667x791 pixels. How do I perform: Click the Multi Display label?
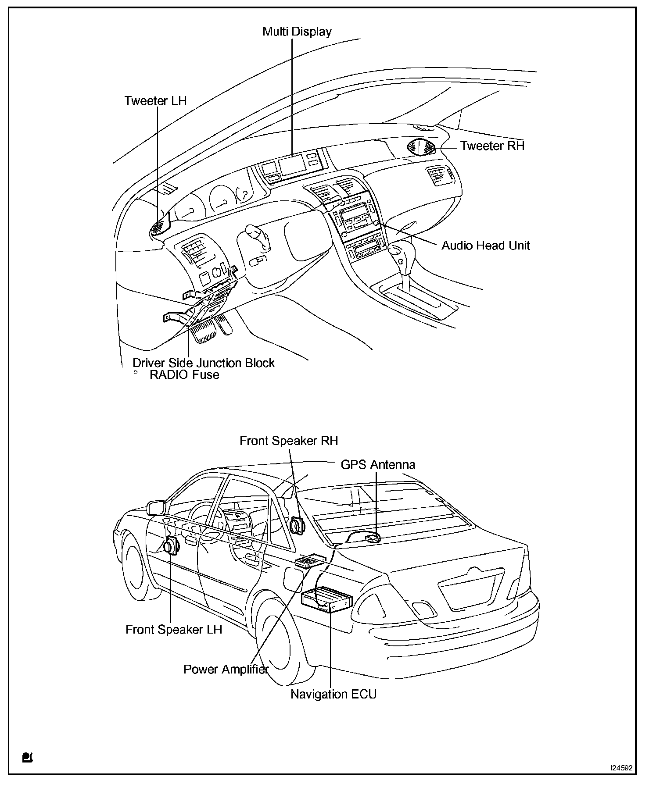click(297, 32)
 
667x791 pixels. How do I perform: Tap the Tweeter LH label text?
click(155, 100)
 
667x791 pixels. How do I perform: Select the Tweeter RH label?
click(492, 146)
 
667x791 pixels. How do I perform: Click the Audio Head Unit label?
click(485, 245)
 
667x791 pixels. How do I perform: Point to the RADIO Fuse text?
click(184, 375)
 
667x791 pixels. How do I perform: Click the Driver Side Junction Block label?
click(204, 363)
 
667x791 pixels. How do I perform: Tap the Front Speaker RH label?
click(289, 441)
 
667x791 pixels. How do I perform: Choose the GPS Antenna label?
click(378, 464)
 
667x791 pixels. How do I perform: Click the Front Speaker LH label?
click(174, 630)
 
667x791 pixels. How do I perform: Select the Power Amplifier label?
click(226, 670)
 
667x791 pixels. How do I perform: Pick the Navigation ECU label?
click(333, 694)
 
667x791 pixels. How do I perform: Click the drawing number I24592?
click(621, 768)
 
